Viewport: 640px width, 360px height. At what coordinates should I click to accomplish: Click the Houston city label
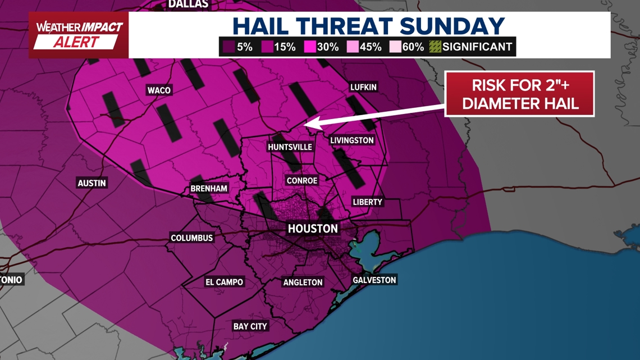(x=313, y=229)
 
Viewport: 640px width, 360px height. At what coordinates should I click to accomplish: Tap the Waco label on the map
(x=159, y=90)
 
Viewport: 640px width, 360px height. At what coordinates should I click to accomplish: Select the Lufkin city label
(x=363, y=87)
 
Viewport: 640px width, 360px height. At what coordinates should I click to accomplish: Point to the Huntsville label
(x=290, y=147)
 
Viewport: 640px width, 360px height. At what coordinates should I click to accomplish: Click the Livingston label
(x=352, y=140)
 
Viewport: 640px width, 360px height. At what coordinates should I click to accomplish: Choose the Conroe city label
(x=302, y=181)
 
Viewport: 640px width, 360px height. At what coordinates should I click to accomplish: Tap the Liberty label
(x=367, y=202)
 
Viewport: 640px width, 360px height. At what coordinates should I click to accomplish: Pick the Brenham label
(x=209, y=189)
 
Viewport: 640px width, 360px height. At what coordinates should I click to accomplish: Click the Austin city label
(x=92, y=183)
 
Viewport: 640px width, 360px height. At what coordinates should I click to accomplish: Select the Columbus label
(x=192, y=238)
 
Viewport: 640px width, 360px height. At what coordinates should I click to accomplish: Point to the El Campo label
(x=224, y=282)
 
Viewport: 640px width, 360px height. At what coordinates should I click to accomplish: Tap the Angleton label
(x=303, y=282)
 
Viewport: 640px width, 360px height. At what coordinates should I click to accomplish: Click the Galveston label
(x=374, y=280)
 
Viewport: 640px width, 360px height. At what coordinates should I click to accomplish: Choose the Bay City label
(x=250, y=326)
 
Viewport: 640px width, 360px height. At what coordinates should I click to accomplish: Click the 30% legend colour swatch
(x=309, y=47)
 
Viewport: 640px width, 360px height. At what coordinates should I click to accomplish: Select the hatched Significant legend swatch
(x=435, y=47)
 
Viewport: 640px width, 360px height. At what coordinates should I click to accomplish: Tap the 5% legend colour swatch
(x=228, y=47)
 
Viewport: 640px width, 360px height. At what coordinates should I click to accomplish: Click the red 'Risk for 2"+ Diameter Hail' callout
(x=519, y=94)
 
